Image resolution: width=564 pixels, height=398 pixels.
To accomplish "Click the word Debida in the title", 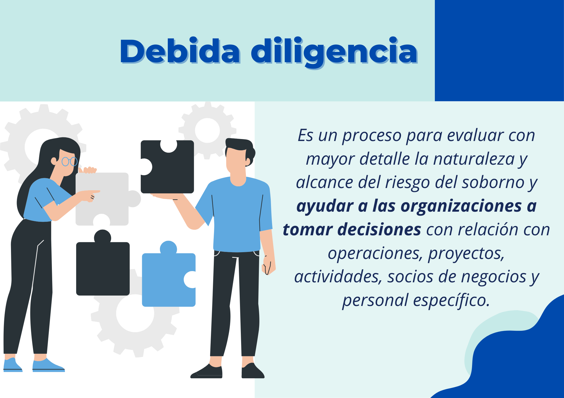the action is click(180, 51).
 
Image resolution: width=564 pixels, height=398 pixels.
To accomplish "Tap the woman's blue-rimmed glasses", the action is click(69, 161).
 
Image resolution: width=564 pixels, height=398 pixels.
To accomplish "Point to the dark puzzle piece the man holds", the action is click(167, 167).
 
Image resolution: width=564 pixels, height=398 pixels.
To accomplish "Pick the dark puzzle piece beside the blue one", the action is click(103, 266).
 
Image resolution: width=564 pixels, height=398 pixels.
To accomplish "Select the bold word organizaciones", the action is click(461, 206).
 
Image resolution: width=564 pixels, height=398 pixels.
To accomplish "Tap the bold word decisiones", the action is click(379, 230).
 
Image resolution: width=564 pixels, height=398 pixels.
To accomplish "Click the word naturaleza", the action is click(474, 159).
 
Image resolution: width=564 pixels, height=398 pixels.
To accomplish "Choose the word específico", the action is click(451, 300).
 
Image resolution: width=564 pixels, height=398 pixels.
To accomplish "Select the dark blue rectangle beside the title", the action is click(499, 51).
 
